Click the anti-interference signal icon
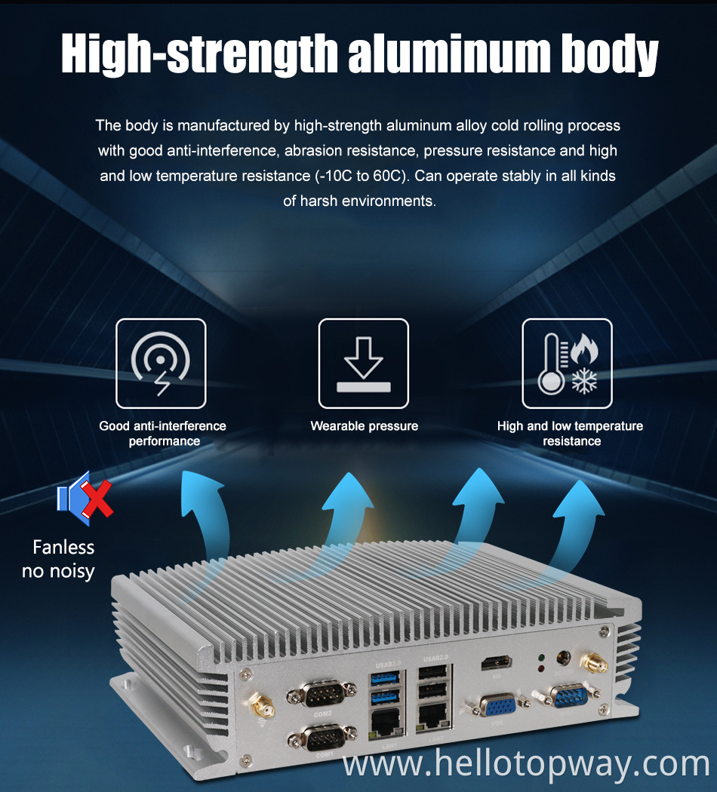click(x=161, y=364)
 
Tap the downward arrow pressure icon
click(x=363, y=364)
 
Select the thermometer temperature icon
click(x=567, y=364)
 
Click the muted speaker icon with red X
click(x=85, y=495)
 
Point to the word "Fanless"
click(x=63, y=547)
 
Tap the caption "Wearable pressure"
click(x=364, y=426)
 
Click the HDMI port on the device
click(x=497, y=664)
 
